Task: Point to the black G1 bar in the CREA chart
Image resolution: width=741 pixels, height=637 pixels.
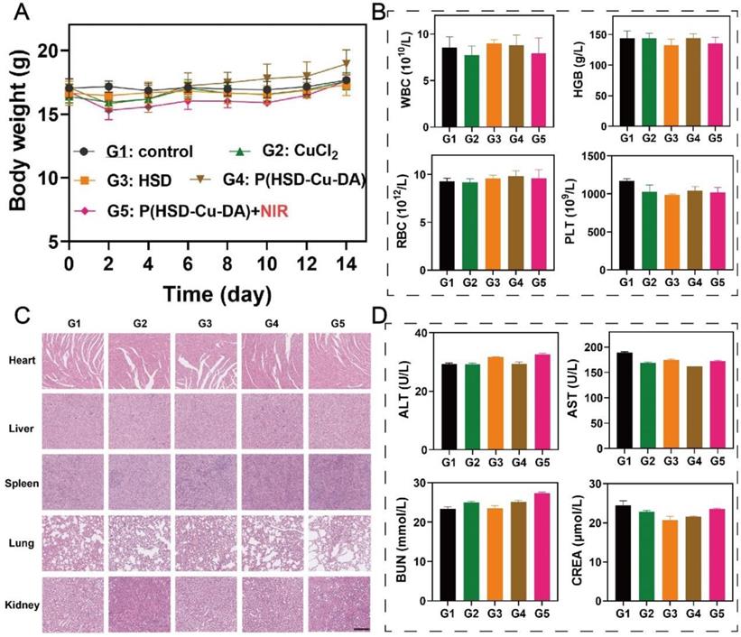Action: point(622,552)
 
